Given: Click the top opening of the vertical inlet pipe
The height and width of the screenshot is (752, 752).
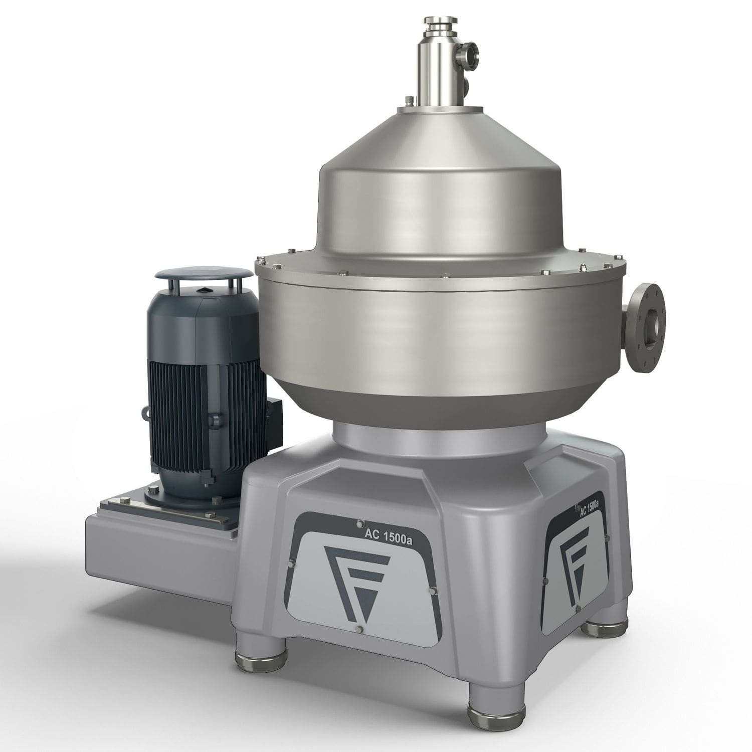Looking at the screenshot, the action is point(440,21).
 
